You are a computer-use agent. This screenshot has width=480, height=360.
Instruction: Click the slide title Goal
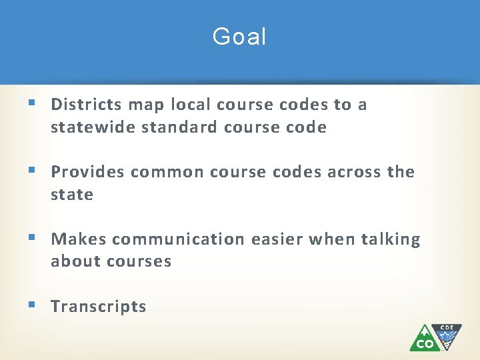click(239, 37)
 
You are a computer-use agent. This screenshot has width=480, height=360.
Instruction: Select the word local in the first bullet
click(191, 105)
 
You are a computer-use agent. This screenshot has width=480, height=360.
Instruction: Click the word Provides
click(88, 172)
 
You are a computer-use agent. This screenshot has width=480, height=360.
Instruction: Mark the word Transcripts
click(99, 307)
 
